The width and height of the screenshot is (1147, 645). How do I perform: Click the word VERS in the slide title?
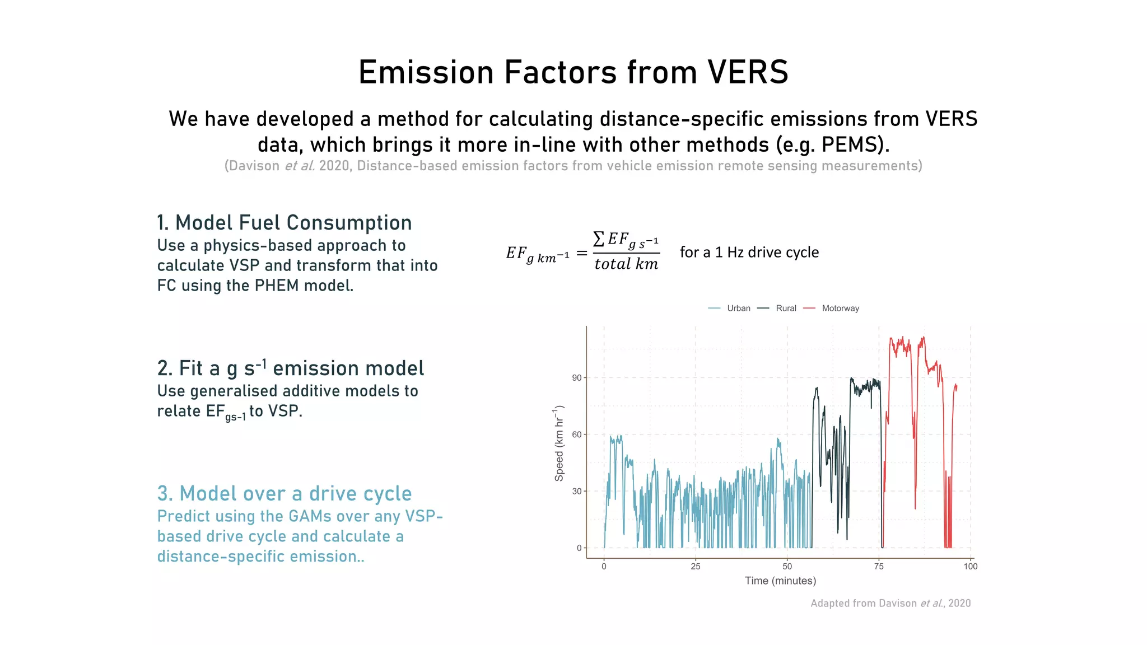point(748,72)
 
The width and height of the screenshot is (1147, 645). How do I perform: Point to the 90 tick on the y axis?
point(576,378)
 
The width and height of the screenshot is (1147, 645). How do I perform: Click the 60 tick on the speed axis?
point(576,434)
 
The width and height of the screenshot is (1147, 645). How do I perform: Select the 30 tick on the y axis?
point(576,492)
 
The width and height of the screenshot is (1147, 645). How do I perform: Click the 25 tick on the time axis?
point(696,567)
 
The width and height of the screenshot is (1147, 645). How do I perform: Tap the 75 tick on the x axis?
point(879,567)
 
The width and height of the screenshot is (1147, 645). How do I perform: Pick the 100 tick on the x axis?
point(970,567)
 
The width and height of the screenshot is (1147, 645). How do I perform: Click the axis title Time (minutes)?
point(780,581)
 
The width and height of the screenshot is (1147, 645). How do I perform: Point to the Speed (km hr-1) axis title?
point(559,443)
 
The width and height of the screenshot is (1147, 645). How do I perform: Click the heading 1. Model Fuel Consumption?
point(284,223)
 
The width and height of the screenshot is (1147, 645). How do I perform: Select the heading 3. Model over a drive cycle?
point(284,494)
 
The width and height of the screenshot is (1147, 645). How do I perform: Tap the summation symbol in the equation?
point(599,239)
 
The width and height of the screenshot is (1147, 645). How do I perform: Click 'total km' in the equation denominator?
point(626,264)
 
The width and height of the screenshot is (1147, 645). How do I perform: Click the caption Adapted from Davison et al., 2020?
point(890,604)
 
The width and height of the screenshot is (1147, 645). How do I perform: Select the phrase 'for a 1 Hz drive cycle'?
point(749,253)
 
